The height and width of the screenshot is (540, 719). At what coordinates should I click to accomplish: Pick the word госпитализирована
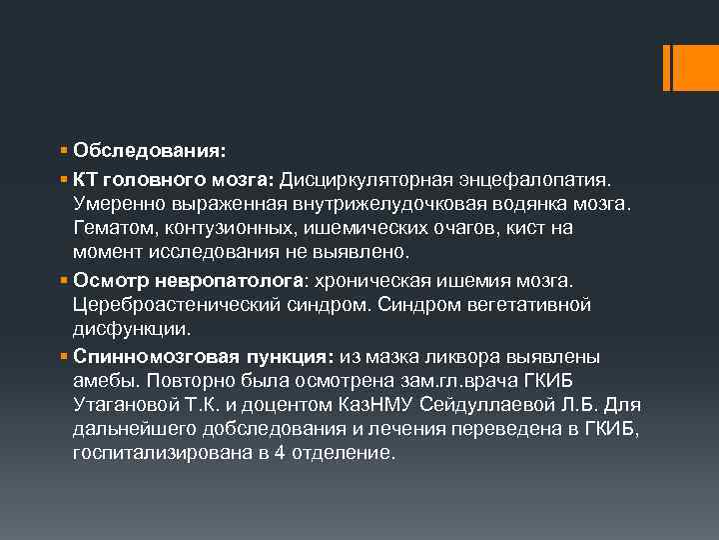pyautogui.click(x=163, y=453)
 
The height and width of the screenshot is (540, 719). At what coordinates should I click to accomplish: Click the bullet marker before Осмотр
pyautogui.click(x=63, y=278)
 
